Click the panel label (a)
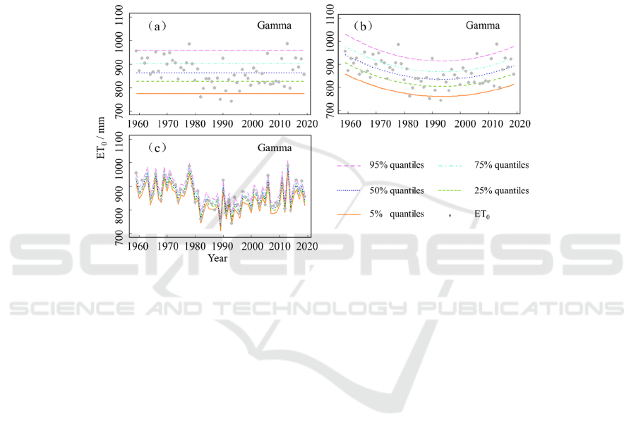point(156,27)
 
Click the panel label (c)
point(156,150)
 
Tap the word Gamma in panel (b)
point(483,27)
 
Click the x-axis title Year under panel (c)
point(217,258)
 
